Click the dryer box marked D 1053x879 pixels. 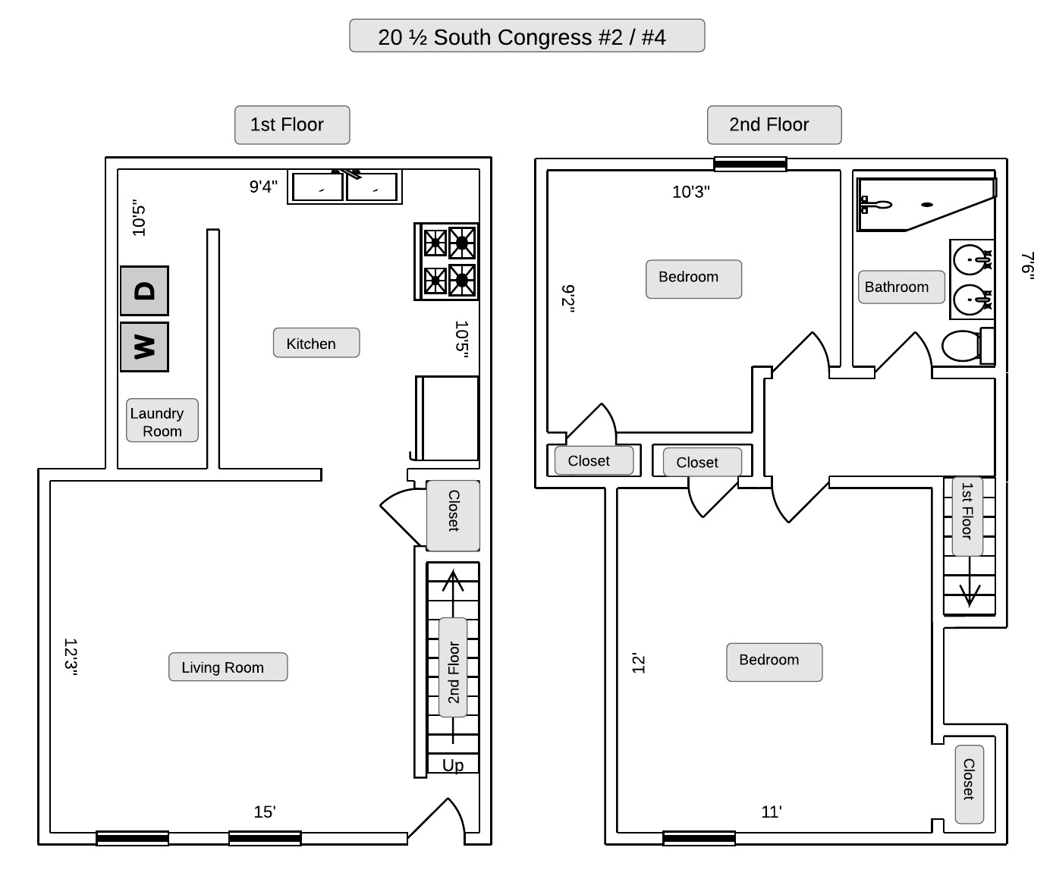click(144, 290)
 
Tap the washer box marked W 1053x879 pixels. click(144, 347)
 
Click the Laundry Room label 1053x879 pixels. click(162, 421)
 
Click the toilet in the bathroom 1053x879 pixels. click(963, 346)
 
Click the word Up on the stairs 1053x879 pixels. click(453, 764)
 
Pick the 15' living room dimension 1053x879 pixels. click(265, 812)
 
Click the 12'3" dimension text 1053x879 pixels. click(71, 657)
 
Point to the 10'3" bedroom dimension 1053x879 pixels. click(690, 192)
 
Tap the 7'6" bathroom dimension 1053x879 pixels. click(1027, 265)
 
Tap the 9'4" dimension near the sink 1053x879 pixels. click(263, 187)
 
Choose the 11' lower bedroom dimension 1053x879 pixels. click(772, 812)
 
